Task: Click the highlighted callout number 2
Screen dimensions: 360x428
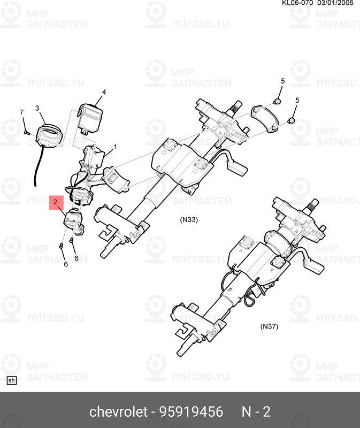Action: [x=56, y=202]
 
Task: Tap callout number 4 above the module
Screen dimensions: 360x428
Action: [x=104, y=92]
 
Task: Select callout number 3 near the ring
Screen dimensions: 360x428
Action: [x=37, y=109]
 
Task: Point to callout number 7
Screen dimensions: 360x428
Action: [x=21, y=112]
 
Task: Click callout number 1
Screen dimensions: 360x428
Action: [x=115, y=147]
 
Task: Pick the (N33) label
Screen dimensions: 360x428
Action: [x=189, y=219]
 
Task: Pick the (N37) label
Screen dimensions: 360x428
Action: [x=269, y=326]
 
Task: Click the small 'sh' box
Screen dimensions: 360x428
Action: [x=11, y=380]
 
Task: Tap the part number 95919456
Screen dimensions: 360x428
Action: [x=191, y=411]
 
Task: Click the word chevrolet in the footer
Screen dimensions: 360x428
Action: [x=118, y=411]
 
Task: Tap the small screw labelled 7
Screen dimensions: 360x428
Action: [x=26, y=132]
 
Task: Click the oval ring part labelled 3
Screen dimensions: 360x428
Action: [x=49, y=135]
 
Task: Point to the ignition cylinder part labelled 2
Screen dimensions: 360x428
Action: [x=73, y=221]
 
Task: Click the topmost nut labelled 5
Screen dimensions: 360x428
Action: [x=277, y=102]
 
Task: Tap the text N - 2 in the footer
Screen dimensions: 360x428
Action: [x=256, y=411]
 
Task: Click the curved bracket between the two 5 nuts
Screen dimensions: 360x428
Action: [x=264, y=118]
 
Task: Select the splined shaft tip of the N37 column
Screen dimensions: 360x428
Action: [x=313, y=205]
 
